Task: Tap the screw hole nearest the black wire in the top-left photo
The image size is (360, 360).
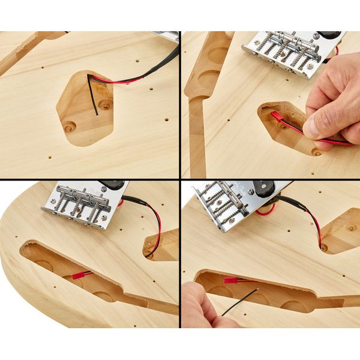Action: (x=106, y=104)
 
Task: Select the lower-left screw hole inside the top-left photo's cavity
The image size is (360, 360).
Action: (x=70, y=127)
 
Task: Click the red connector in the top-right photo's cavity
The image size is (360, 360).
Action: (x=277, y=115)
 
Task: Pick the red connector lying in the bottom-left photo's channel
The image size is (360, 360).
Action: (x=78, y=275)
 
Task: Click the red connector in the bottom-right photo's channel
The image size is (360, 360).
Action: (x=231, y=280)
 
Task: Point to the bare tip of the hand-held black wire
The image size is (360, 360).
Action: (x=257, y=290)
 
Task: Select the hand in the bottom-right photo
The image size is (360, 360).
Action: (x=201, y=306)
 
